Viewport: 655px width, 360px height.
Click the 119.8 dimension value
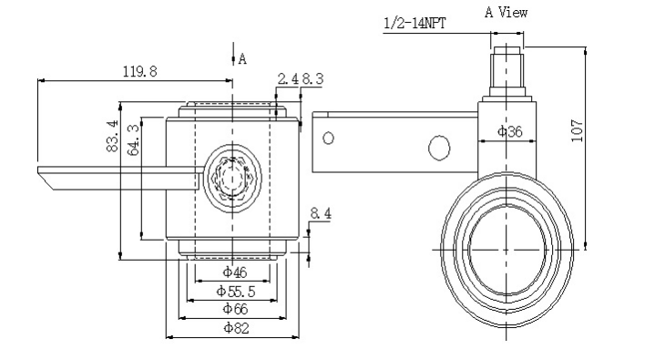pos(140,71)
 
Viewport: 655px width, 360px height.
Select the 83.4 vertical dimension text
pos(112,136)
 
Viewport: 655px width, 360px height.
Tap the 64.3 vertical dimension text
pos(133,140)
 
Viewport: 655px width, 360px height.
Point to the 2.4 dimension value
pos(288,78)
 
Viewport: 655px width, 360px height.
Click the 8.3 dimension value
pos(312,78)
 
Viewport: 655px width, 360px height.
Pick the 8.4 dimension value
pos(321,213)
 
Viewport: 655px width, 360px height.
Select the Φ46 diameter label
pos(235,273)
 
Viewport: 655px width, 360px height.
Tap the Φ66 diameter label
pos(235,309)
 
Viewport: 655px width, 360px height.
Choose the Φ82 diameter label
pos(237,328)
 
